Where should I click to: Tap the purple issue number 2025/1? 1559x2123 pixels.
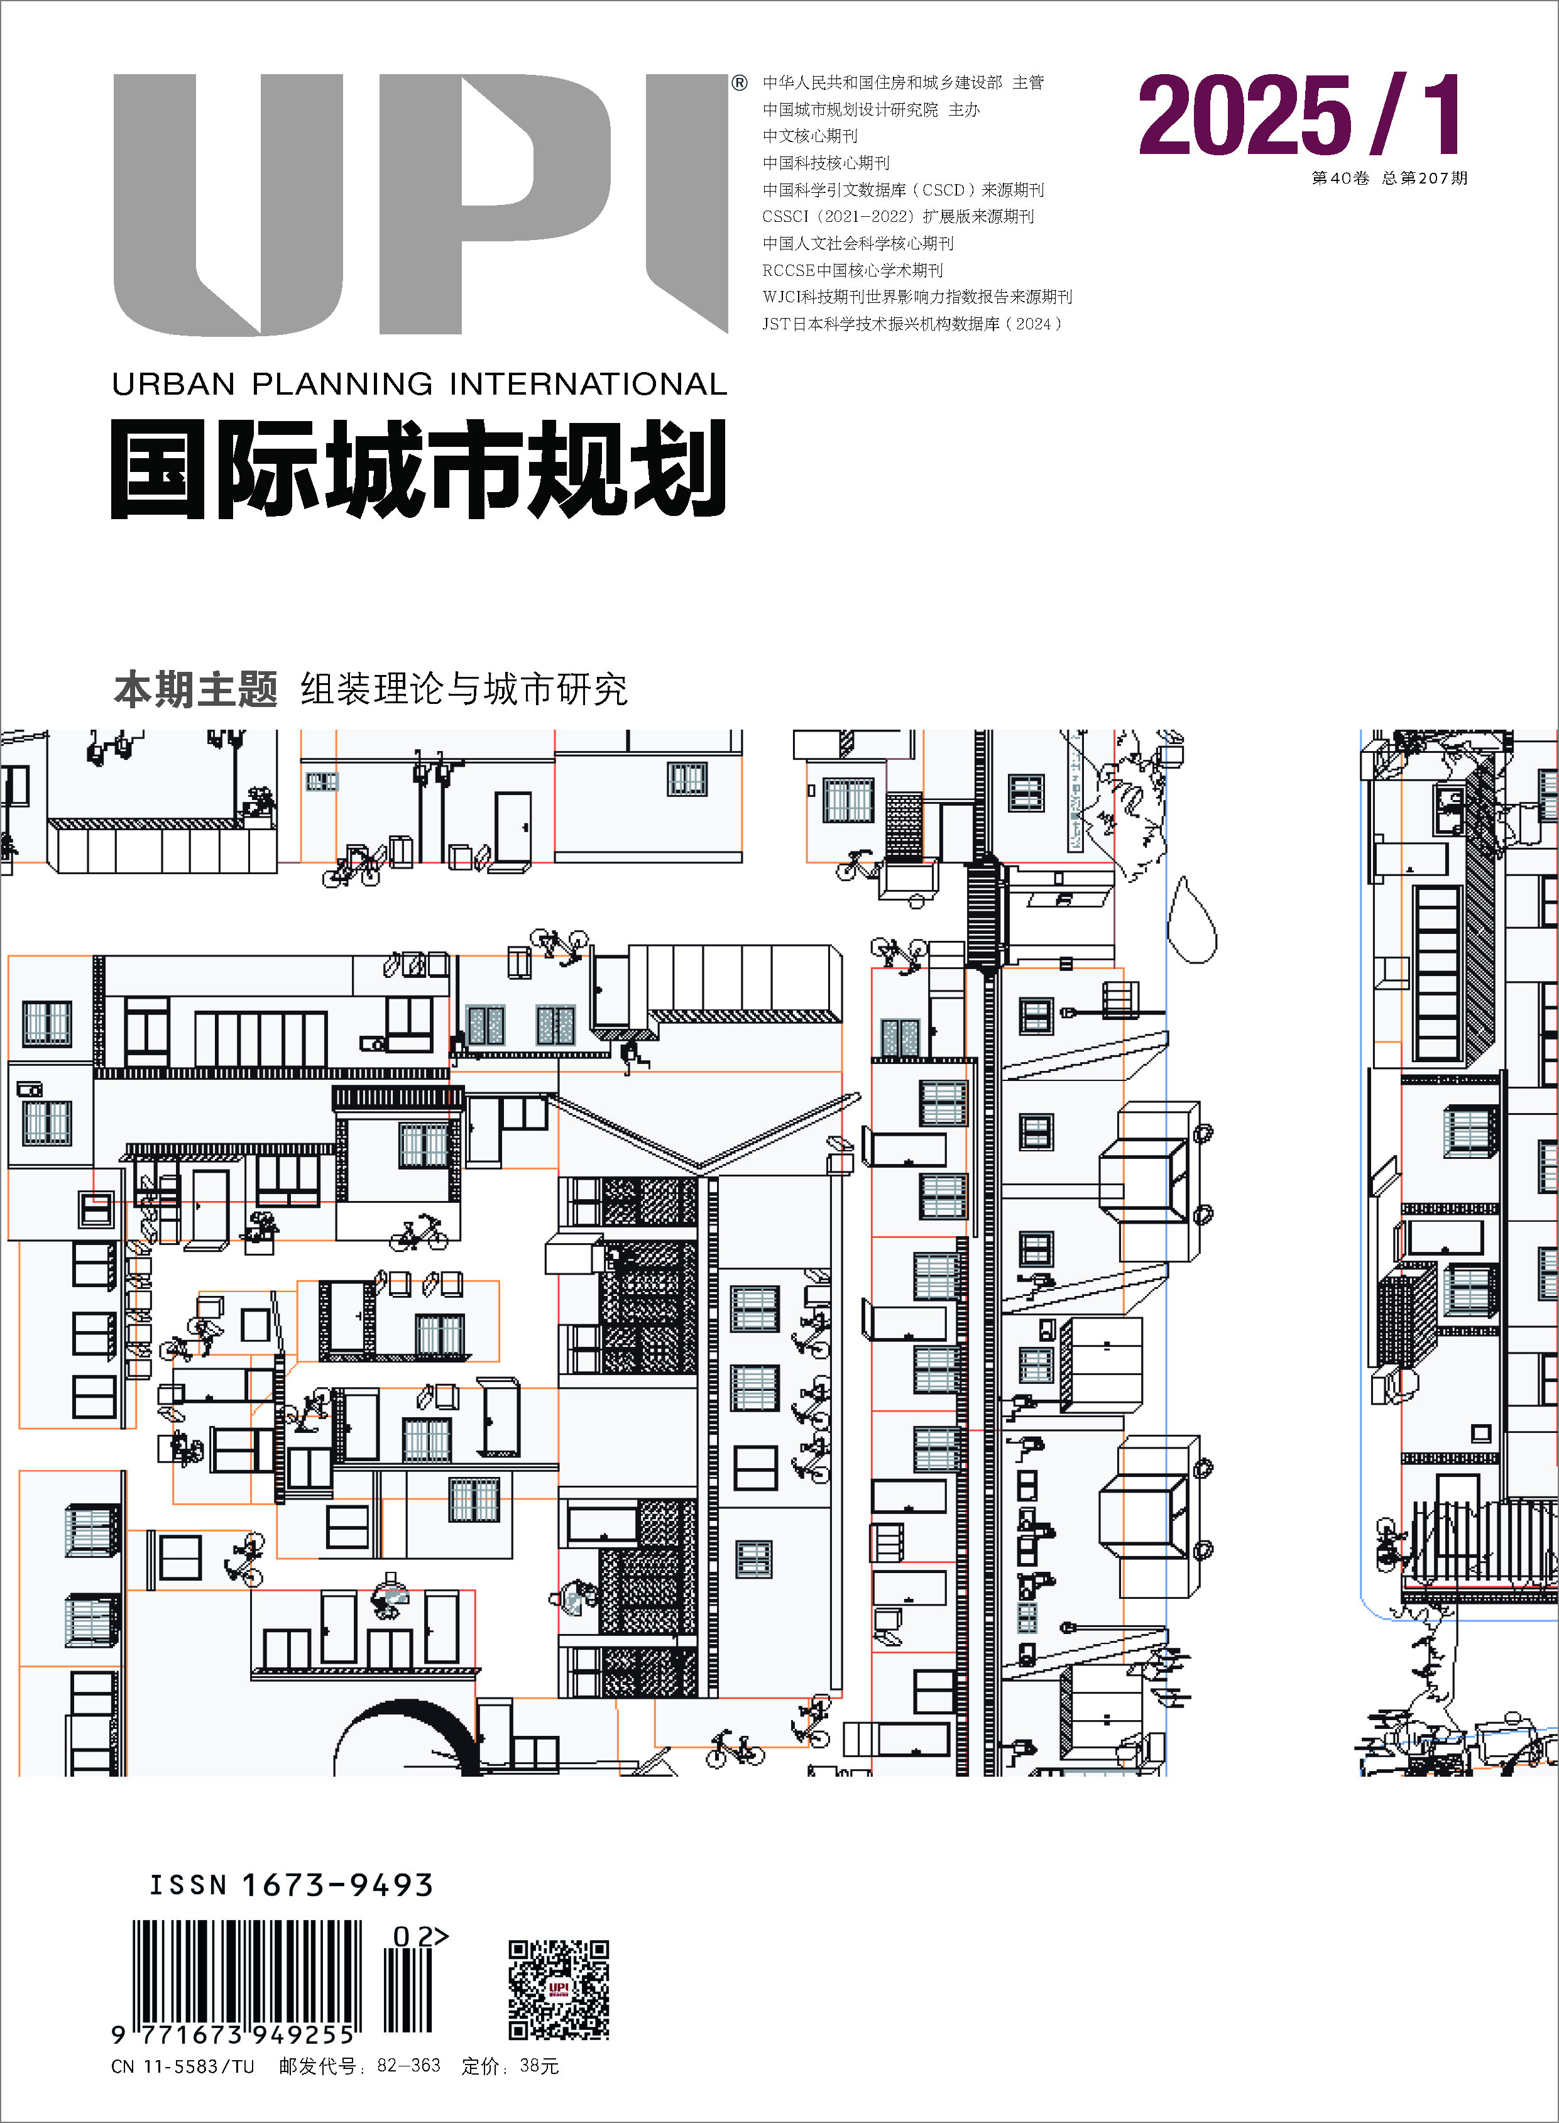pyautogui.click(x=1301, y=115)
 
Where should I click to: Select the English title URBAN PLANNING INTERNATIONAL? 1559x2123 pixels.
pyautogui.click(x=419, y=384)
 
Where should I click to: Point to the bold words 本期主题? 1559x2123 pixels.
pyautogui.click(x=195, y=690)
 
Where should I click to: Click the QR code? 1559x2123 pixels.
pyautogui.click(x=559, y=1989)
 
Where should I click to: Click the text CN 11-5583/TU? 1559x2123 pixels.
pyautogui.click(x=183, y=2066)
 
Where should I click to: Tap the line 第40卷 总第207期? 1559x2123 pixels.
pyautogui.click(x=1389, y=177)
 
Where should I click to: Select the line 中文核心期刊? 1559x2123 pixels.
pyautogui.click(x=811, y=136)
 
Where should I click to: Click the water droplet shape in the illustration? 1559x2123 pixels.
pyautogui.click(x=1192, y=920)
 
